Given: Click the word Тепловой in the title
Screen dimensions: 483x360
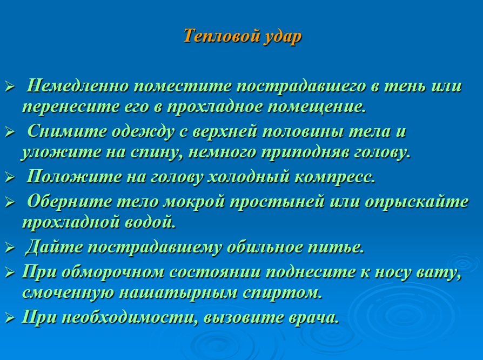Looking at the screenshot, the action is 221,36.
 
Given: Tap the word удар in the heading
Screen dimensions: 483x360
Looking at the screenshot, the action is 283,37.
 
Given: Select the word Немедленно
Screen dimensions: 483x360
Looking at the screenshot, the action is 77,85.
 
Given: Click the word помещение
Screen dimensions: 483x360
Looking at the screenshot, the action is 317,107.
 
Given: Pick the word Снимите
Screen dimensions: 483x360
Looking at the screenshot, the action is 67,131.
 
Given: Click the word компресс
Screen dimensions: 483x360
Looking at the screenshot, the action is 335,177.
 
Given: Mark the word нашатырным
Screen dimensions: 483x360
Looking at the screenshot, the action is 178,292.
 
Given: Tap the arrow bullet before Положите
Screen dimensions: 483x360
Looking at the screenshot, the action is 10,178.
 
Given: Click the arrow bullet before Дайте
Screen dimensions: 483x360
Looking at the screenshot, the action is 10,248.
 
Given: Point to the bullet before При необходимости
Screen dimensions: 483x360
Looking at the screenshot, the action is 10,318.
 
